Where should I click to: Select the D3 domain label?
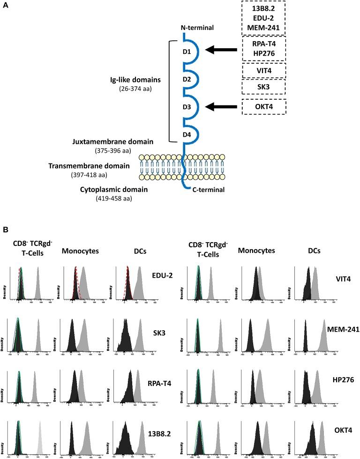186,108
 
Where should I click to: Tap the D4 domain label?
186,137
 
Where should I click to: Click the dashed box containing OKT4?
264,107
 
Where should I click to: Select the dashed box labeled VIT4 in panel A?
264,70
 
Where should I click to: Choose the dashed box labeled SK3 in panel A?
264,87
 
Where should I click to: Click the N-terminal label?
197,28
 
